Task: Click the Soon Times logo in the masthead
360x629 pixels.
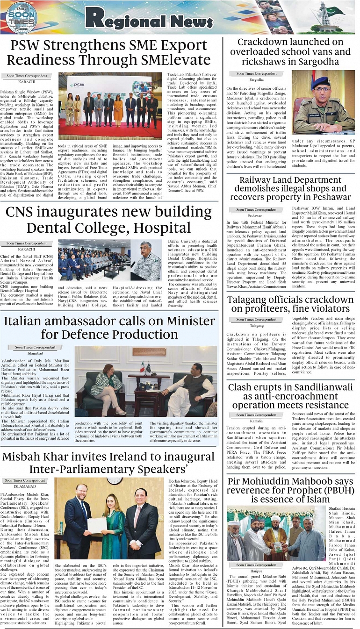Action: (x=22, y=18)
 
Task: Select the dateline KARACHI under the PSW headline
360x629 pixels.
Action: (x=27, y=81)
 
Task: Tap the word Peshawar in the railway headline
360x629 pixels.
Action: (x=326, y=197)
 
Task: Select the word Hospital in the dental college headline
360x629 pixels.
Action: (x=162, y=228)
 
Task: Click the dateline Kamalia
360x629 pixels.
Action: (x=256, y=421)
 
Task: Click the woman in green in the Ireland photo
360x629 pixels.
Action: (x=112, y=523)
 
